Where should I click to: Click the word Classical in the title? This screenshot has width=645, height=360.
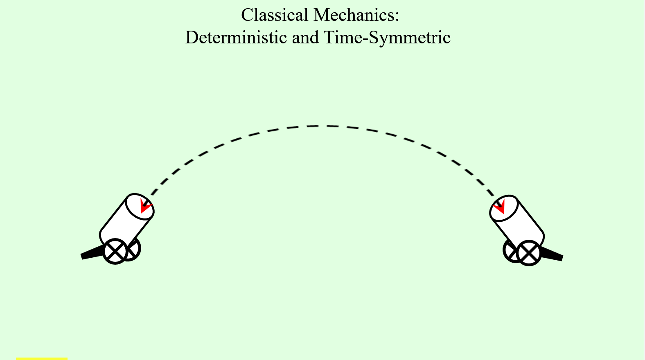coord(274,15)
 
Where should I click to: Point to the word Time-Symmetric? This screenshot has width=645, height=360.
coord(387,38)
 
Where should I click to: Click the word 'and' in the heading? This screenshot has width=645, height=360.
coord(305,38)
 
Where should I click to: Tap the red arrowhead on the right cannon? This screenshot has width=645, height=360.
coord(500,207)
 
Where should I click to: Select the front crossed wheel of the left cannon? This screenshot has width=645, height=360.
coord(115,252)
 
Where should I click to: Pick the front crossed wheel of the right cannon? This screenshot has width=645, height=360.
coord(529,253)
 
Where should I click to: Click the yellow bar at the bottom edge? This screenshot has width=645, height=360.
coord(42,358)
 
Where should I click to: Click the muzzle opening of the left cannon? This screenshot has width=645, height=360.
coord(139,207)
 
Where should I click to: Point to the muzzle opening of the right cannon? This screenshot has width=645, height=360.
coord(504,208)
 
